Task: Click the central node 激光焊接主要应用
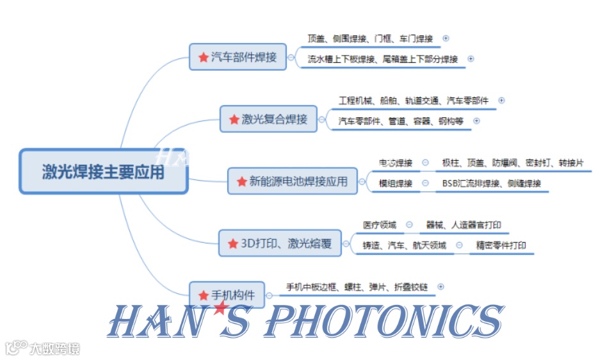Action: (103, 172)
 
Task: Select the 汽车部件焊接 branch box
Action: (238, 57)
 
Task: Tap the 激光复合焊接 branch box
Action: (268, 119)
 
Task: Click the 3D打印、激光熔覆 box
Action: (280, 243)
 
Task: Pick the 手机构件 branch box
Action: (227, 295)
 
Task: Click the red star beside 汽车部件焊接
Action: (203, 58)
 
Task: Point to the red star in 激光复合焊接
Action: (234, 120)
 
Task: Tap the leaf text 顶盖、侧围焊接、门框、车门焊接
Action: (370, 38)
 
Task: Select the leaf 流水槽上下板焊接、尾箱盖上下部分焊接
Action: (383, 59)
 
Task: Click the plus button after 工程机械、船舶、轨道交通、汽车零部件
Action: (501, 101)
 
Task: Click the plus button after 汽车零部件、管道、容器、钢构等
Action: (476, 121)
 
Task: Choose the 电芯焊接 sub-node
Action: (396, 163)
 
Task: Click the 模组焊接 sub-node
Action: (396, 184)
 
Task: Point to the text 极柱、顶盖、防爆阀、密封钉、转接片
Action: (512, 163)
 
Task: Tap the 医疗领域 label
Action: (380, 225)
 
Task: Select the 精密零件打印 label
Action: (501, 245)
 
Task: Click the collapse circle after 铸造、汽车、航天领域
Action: (459, 245)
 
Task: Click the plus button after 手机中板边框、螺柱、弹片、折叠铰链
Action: (440, 287)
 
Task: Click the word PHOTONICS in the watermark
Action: (383, 322)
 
